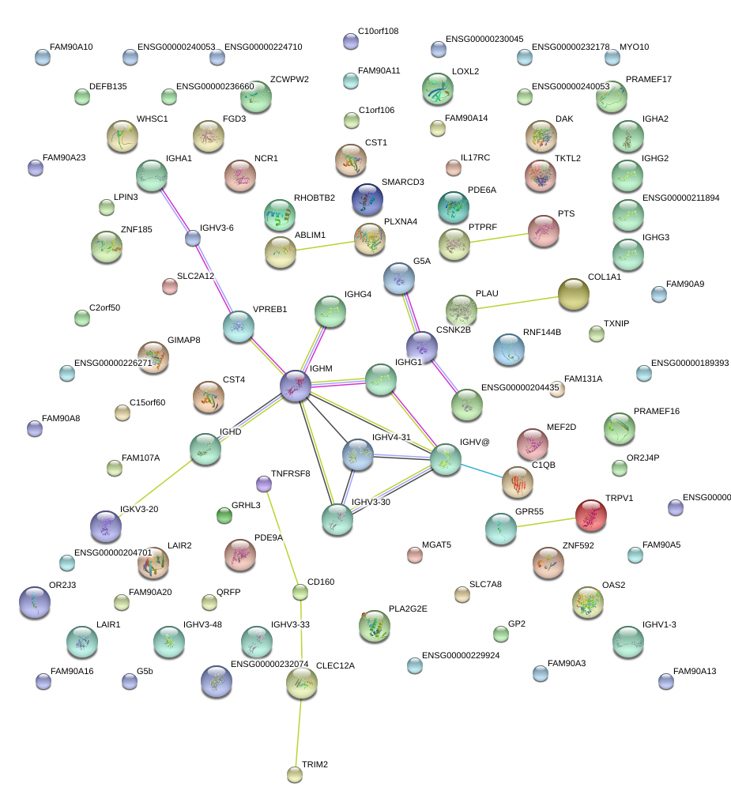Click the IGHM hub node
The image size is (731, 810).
(x=296, y=386)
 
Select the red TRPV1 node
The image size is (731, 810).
(x=590, y=515)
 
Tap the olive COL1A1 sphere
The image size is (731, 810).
(x=573, y=294)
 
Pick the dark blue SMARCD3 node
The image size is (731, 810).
(x=367, y=199)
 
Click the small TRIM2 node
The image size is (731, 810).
(x=295, y=774)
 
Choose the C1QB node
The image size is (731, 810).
(x=518, y=483)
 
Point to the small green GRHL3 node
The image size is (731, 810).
(x=224, y=516)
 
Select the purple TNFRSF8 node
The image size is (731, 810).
(x=264, y=483)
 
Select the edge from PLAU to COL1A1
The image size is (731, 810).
(x=518, y=302)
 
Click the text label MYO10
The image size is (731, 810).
(x=634, y=47)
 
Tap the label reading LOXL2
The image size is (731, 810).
(x=465, y=71)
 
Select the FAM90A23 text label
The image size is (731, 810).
(x=63, y=158)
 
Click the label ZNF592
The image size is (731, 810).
(x=578, y=545)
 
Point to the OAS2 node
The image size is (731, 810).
(x=588, y=602)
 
